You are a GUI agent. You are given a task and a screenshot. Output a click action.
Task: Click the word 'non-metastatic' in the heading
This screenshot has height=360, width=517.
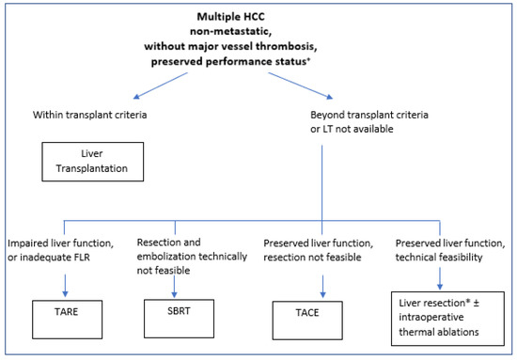pyautogui.click(x=258, y=33)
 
